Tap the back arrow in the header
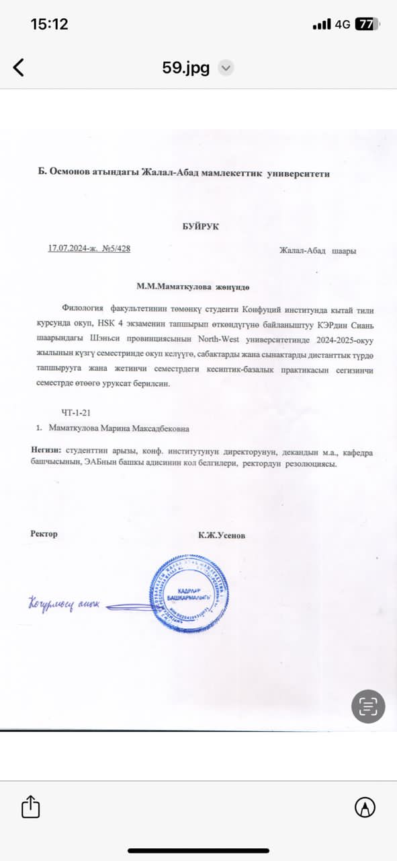tap(19, 67)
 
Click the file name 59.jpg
tap(186, 67)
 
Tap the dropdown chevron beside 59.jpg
tap(226, 67)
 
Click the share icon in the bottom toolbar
tap(31, 807)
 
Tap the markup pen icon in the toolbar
tap(365, 807)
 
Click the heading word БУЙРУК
tap(200, 227)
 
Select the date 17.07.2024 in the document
tap(68, 248)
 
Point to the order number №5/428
tap(116, 248)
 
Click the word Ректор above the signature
tap(44, 533)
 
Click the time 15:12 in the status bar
tap(50, 24)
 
